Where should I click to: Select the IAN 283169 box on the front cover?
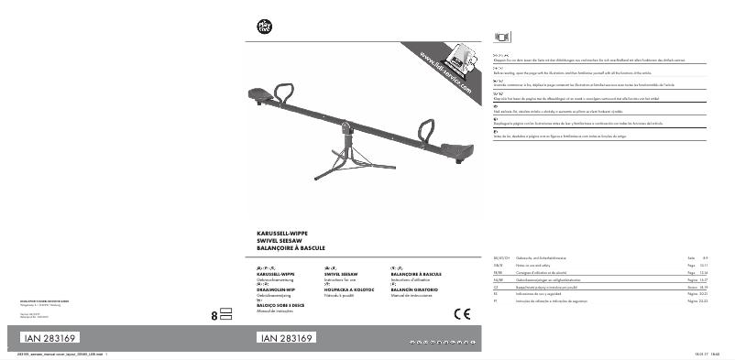(x=288, y=337)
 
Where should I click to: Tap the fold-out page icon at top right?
(x=499, y=36)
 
